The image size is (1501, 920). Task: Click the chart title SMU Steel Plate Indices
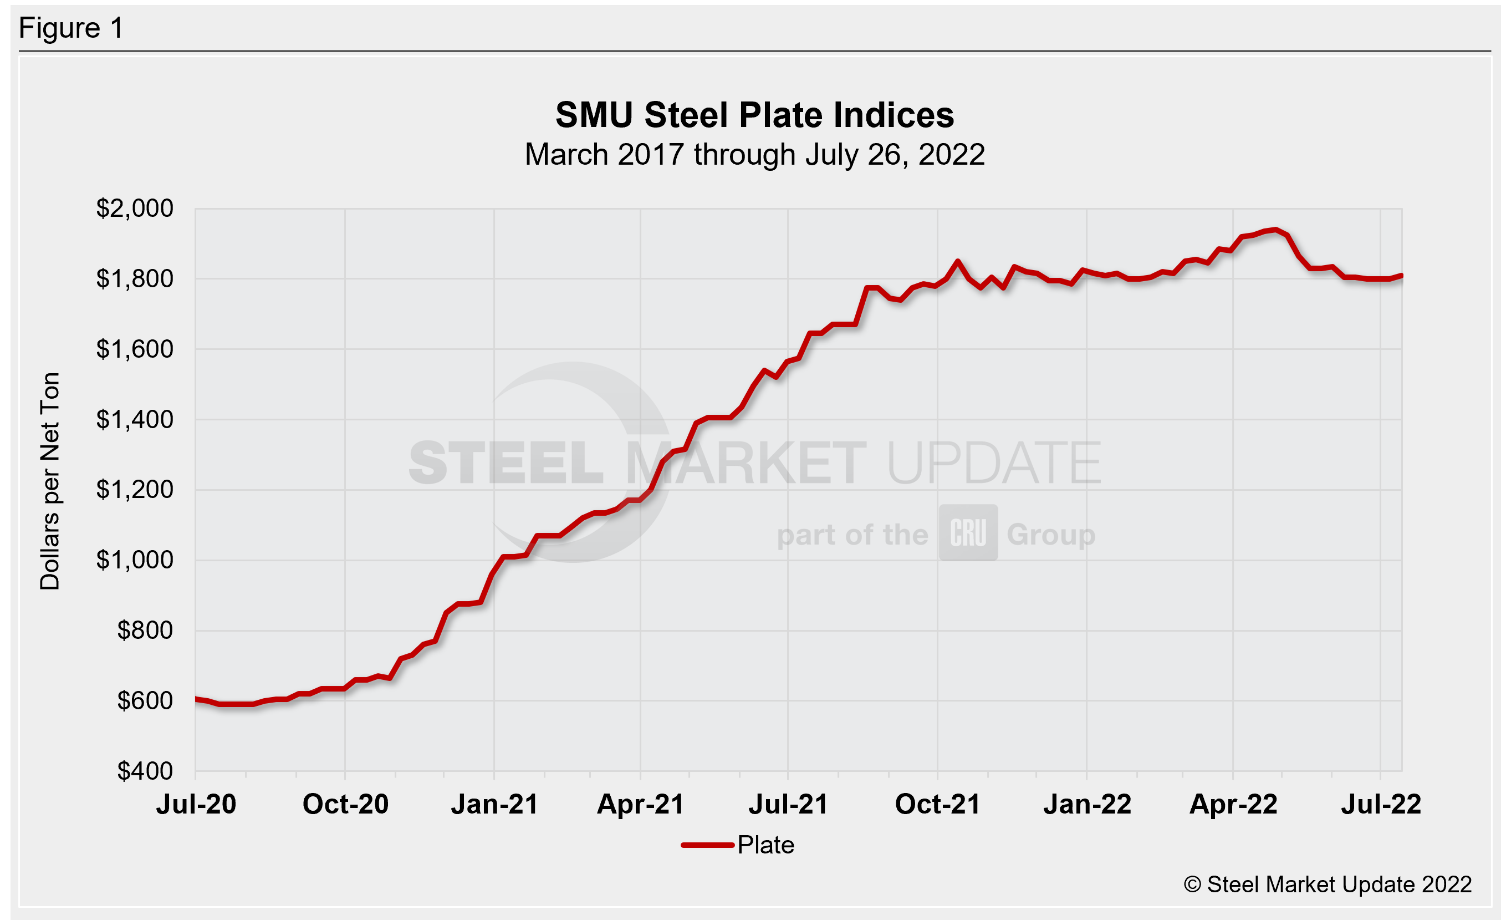coord(754,115)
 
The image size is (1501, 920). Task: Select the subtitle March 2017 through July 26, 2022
coord(754,155)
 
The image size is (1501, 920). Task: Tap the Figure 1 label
coord(72,28)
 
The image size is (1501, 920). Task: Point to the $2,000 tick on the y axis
coord(135,209)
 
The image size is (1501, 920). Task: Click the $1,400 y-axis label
coord(135,419)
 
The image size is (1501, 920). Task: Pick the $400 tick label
coord(145,771)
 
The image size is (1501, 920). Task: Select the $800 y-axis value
coord(145,630)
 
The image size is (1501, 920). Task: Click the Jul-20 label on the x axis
coord(196,804)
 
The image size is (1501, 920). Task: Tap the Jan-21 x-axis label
coord(494,804)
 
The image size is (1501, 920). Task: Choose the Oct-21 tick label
coord(937,804)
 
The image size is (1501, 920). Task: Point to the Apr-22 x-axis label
coord(1233,804)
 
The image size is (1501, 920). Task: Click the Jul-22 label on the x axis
coord(1381,804)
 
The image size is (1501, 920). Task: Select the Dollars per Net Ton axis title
coord(50,481)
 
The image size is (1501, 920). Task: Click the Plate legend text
coord(765,845)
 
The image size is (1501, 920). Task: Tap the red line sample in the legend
coord(707,845)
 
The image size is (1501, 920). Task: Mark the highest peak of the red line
coord(1275,230)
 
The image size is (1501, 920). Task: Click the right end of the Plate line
coord(1402,276)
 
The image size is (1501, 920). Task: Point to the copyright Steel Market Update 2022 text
coord(1328,885)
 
